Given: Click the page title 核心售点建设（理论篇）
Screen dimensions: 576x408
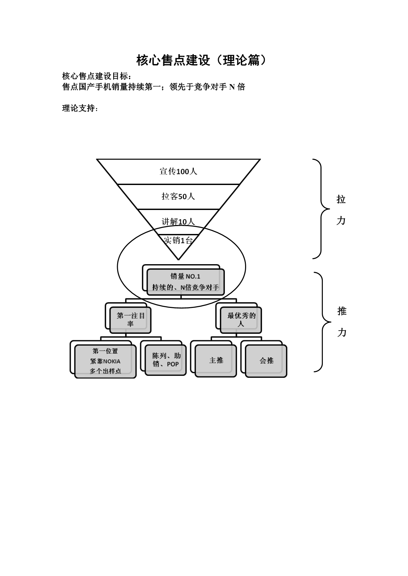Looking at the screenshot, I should pos(201,60).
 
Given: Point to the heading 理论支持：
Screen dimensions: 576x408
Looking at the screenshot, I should pos(80,108).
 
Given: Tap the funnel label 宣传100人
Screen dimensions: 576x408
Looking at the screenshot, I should pos(178,172).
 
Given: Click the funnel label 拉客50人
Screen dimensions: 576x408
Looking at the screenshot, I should pos(178,196).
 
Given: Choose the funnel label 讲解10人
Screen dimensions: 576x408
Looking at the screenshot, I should pos(178,222).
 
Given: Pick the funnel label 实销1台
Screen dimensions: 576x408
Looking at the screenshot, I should pos(178,241).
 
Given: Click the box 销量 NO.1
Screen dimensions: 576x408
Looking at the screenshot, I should pos(185,282).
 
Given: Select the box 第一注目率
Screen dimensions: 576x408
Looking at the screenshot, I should pos(131,320).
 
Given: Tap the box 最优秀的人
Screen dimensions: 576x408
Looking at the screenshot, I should pos(241,320).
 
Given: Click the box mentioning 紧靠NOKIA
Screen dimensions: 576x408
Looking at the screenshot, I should pos(105,361).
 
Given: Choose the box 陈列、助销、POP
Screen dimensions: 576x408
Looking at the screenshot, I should pos(166,360).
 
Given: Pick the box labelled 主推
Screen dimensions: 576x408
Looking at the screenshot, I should pos(216,360).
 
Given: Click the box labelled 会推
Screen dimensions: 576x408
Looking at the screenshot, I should pos(266,360).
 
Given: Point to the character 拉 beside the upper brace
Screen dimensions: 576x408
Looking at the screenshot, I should pos(341,199).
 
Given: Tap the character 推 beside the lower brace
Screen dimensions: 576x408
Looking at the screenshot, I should pos(342,311).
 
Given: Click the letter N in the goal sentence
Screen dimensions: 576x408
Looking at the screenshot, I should pos(232,87).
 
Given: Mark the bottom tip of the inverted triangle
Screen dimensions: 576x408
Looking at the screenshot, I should pos(178,259).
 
